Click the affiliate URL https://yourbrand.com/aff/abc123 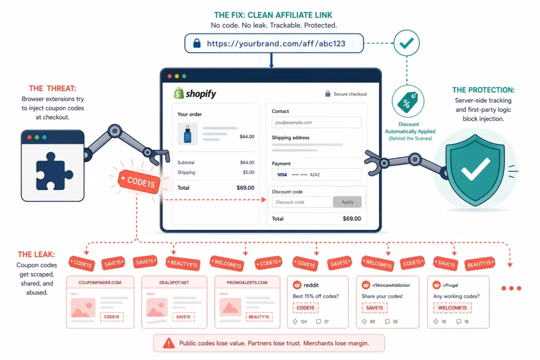click(x=276, y=43)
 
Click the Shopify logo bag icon click(x=179, y=94)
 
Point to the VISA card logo click(x=282, y=174)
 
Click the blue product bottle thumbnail click(x=187, y=134)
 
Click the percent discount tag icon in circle click(x=407, y=102)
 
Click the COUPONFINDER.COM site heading click(x=100, y=283)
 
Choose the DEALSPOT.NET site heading click(x=173, y=283)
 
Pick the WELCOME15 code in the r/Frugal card click(x=452, y=308)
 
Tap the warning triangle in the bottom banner click(x=168, y=343)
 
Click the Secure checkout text click(x=350, y=94)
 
